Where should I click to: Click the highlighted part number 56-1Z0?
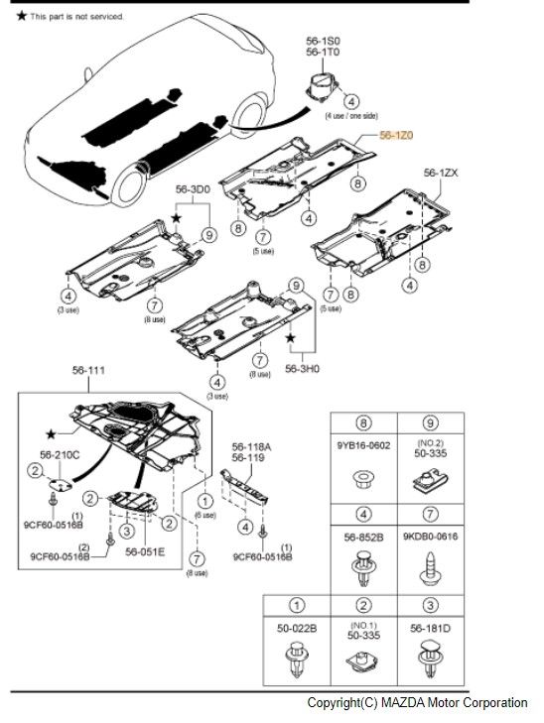[x=396, y=141]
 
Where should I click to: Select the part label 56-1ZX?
[x=441, y=173]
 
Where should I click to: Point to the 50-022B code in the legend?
[x=297, y=629]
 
